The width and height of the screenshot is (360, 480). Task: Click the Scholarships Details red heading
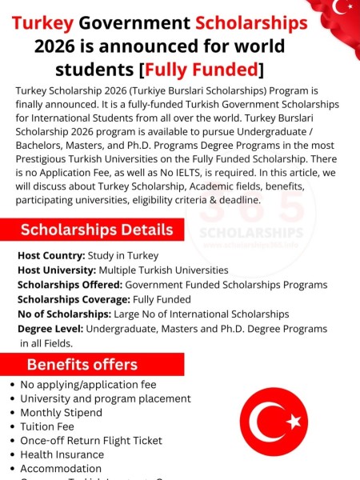click(97, 230)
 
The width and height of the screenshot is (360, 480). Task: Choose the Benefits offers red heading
click(82, 365)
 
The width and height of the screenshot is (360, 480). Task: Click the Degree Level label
click(50, 329)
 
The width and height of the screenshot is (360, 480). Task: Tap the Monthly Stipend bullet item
click(61, 413)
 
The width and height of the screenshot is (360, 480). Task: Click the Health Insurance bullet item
click(62, 454)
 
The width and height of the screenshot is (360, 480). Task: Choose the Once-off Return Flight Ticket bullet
click(90, 441)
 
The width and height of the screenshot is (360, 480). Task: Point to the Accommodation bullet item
click(61, 469)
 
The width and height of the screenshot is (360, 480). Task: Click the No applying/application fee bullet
click(88, 384)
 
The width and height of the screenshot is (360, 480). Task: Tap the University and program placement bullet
click(105, 398)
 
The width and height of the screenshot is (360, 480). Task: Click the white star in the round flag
click(293, 421)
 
